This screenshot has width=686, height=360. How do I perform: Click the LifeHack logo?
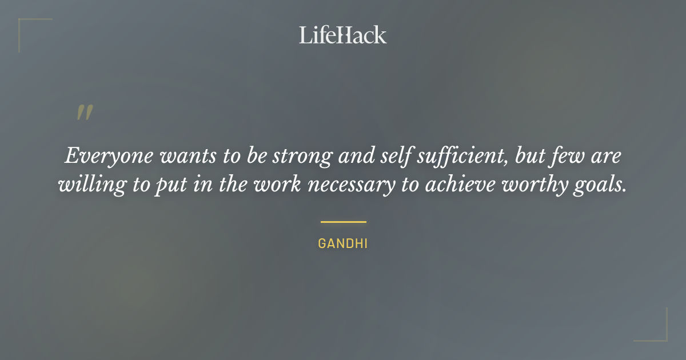343,35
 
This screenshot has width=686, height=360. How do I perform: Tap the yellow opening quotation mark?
85,112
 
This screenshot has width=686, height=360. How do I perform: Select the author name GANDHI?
343,243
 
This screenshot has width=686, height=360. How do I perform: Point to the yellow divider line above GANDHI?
343,222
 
